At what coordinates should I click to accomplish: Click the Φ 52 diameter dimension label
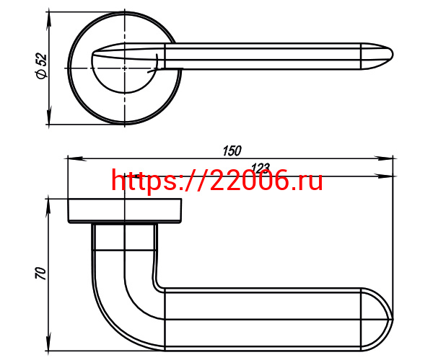coord(41,66)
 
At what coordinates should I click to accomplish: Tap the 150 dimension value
coord(232,150)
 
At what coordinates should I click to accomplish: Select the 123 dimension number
coord(260,168)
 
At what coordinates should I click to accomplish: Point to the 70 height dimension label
coord(40,273)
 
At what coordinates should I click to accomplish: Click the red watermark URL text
coord(217,180)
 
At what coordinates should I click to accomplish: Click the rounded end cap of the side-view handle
coord(377,320)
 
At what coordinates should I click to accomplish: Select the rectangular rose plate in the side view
coord(125,211)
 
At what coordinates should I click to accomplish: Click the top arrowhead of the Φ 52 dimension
coord(49,19)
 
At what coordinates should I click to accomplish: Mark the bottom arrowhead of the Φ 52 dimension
coord(49,117)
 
